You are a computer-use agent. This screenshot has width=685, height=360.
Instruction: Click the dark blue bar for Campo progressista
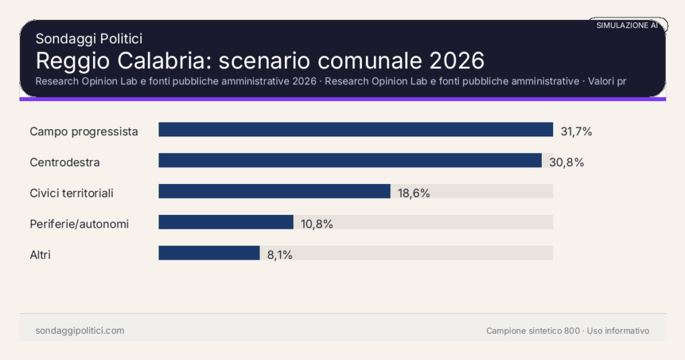355,130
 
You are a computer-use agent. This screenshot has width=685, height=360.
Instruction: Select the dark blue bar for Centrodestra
350,161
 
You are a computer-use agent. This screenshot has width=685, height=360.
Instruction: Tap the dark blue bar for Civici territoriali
274,191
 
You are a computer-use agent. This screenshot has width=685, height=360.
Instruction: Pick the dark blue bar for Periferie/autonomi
225,222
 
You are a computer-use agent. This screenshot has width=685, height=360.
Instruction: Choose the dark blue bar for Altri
209,253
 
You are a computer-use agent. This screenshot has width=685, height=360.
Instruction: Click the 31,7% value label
576,131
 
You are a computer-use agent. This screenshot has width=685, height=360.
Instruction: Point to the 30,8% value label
567,162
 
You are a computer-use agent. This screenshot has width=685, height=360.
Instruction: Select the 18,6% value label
413,193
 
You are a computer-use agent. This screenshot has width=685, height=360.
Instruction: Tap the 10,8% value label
316,223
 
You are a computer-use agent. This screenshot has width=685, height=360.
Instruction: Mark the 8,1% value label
280,254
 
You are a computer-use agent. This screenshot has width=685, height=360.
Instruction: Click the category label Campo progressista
84,131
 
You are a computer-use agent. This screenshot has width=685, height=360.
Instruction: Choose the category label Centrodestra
65,162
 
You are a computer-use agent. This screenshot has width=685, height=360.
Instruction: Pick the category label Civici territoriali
72,193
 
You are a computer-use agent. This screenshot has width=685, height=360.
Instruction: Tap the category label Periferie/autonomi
79,223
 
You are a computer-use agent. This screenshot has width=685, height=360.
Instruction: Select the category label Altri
40,254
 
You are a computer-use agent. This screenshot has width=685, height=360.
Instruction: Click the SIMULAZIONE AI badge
627,25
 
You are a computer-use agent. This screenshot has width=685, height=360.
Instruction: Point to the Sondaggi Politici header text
88,39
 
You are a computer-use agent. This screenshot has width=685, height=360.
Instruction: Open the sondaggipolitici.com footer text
80,331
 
